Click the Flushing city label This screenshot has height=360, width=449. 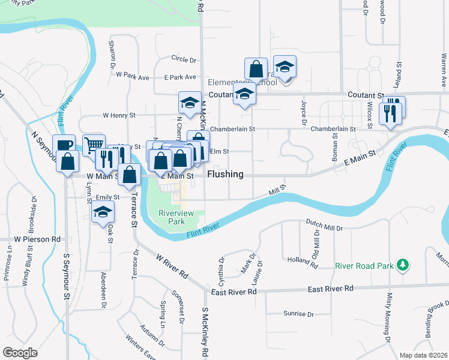click(x=225, y=175)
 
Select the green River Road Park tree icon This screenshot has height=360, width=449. click(x=404, y=265)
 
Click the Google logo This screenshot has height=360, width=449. click(x=20, y=353)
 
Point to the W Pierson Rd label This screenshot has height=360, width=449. click(x=38, y=238)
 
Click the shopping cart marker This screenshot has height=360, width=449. click(x=94, y=145)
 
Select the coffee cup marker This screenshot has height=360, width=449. click(x=64, y=145)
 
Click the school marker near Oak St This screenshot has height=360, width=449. click(x=103, y=212)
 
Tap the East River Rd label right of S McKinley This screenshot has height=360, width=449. click(x=233, y=291)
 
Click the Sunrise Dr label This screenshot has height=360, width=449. click(x=298, y=314)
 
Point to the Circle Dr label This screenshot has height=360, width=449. click(x=184, y=59)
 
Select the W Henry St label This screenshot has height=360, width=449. click(x=119, y=115)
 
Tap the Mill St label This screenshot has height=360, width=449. click(x=277, y=191)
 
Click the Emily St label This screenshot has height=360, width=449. click(x=108, y=197)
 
